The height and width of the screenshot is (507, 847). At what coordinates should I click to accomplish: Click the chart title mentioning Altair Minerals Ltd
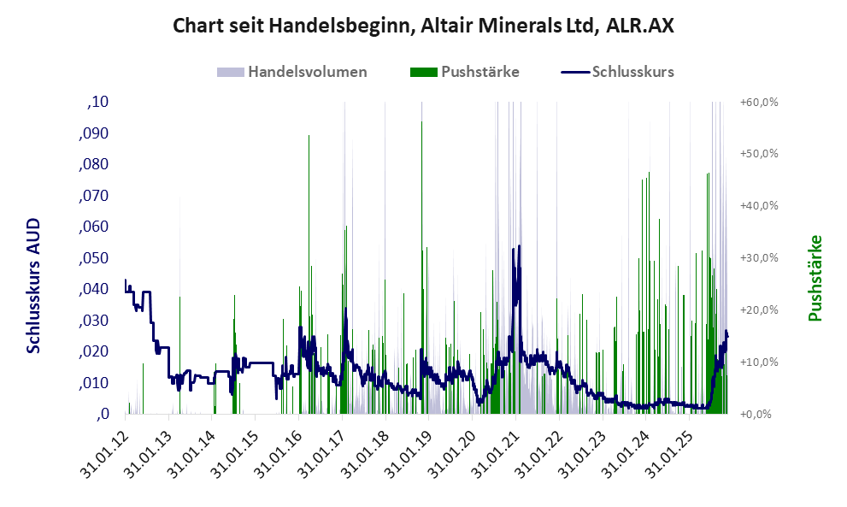click(423, 26)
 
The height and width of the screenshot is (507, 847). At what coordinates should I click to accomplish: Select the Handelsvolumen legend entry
click(292, 72)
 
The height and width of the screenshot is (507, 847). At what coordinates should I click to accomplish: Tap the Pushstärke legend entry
click(465, 72)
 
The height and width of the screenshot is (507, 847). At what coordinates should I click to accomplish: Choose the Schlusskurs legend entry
click(618, 72)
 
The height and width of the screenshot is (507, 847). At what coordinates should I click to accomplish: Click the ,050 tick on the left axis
click(95, 258)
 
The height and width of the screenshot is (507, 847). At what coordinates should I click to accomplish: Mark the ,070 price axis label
click(95, 196)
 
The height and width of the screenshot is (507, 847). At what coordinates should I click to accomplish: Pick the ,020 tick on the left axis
click(95, 351)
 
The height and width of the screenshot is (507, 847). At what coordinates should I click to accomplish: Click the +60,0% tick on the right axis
click(759, 103)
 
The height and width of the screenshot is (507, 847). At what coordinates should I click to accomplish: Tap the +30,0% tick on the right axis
click(759, 258)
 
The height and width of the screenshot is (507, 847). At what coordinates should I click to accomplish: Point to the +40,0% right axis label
click(759, 206)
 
